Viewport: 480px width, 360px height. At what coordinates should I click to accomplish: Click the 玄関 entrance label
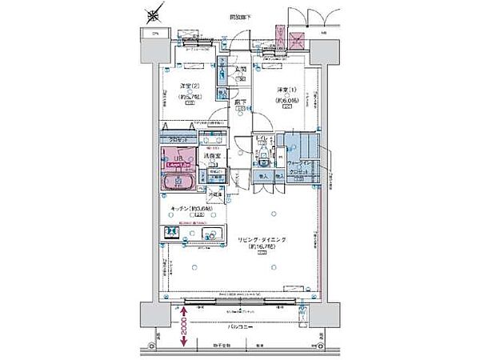(239, 70)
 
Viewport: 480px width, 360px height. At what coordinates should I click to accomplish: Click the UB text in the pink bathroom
(178, 158)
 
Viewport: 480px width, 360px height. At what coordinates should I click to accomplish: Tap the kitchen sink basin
(211, 234)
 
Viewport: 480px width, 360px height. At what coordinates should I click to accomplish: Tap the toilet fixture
(266, 153)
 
